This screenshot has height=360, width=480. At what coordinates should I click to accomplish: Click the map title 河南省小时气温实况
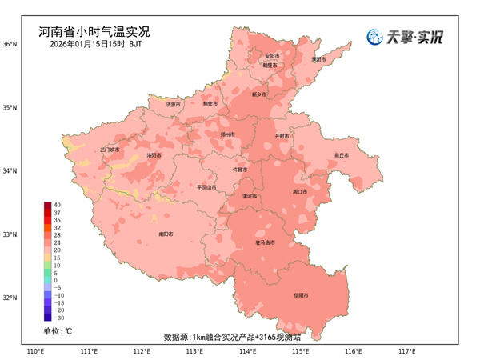pos(94,33)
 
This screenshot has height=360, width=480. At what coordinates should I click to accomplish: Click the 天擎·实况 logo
pos(405,37)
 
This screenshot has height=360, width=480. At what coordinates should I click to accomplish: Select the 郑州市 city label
pos(228,135)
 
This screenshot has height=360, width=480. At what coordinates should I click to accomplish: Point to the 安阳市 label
pos(273,56)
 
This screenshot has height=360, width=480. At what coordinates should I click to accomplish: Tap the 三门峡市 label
pos(110,150)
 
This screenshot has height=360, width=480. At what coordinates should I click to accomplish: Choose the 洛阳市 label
pos(154,155)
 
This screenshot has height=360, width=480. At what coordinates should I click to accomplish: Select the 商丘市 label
pos(342,155)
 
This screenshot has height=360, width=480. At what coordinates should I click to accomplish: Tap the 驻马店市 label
pos(265,242)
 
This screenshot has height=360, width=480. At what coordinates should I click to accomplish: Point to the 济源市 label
pos(174,104)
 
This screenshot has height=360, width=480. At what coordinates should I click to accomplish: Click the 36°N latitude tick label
pos(10,44)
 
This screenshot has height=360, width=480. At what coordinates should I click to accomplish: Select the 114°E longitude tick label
pos(247,350)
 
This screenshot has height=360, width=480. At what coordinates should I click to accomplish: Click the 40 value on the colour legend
pos(58,206)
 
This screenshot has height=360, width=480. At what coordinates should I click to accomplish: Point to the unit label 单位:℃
pos(58,330)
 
